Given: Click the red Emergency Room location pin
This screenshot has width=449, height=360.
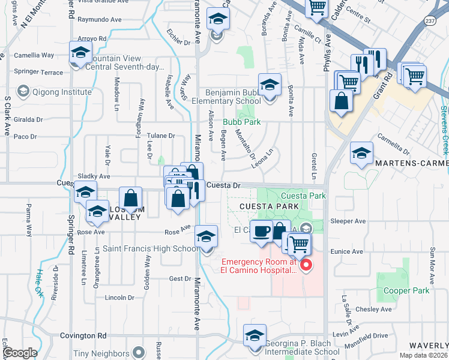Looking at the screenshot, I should pos(306,265).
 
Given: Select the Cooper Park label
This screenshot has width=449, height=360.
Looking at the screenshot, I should pos(405,290).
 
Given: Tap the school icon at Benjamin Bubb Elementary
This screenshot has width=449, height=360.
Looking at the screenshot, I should pos(270,84).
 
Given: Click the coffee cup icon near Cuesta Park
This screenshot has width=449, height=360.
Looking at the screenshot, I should pos(261,231).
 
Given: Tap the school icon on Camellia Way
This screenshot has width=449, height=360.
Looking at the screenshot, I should pos(80,52).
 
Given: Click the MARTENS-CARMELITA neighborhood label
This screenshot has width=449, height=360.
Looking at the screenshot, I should pos(412,163).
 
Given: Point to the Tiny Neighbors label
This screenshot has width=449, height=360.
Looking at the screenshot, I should pos(101,354).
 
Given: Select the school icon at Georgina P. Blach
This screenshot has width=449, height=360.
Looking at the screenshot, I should pos(255,335).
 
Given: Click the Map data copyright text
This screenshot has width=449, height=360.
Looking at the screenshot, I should pos(424,355).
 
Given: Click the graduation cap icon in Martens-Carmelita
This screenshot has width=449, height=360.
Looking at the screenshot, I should pos(361,154).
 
